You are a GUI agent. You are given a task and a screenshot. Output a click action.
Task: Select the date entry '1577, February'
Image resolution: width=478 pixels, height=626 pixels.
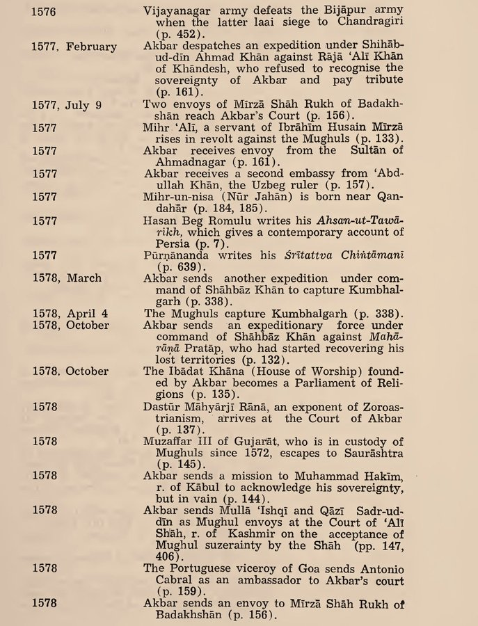tap(74, 47)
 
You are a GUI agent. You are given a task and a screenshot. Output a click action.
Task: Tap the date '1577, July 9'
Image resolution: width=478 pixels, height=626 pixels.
tap(67, 106)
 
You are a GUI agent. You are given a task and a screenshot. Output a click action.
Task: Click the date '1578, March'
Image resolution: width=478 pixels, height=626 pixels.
tap(66, 278)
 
